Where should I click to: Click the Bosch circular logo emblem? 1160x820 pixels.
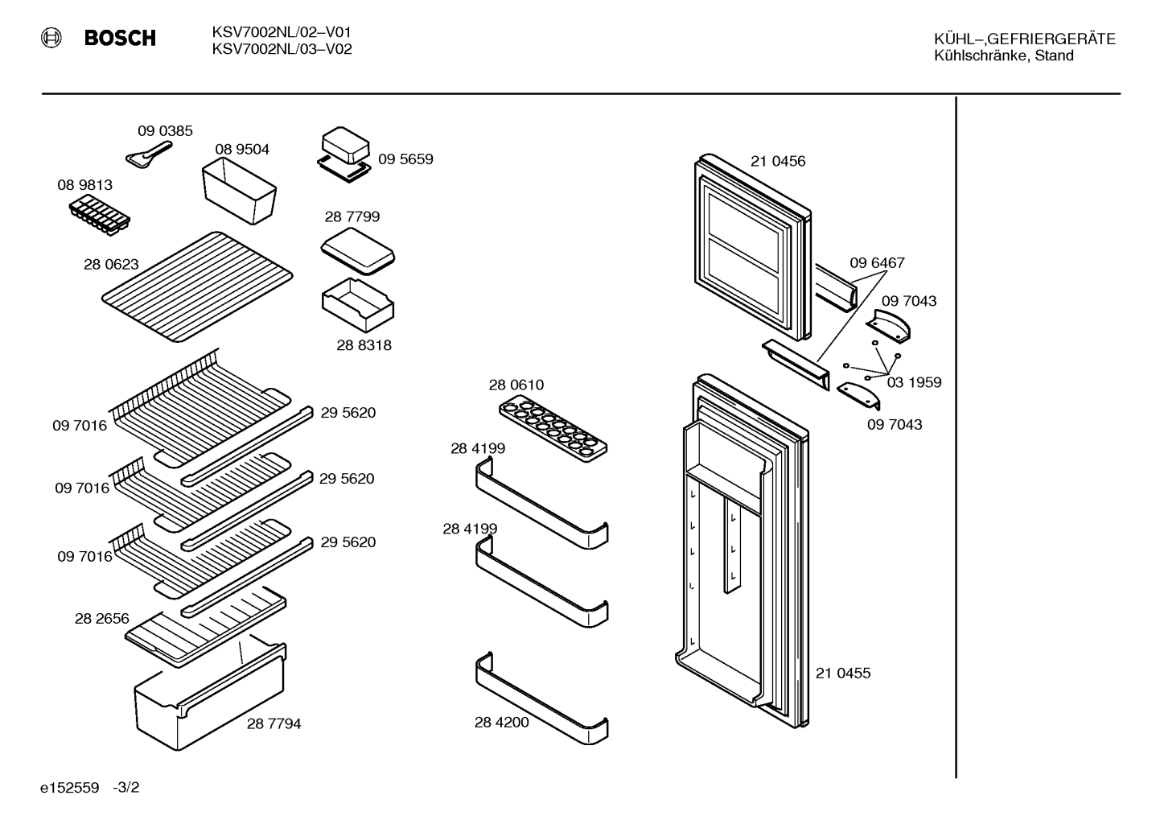(x=51, y=39)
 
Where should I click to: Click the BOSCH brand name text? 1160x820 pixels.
(x=120, y=39)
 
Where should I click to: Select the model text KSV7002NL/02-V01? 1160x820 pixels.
(x=282, y=32)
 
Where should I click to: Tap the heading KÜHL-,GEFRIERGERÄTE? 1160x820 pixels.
(x=1024, y=39)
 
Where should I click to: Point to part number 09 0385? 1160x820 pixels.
(x=165, y=130)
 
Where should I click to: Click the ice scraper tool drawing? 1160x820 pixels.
(x=149, y=155)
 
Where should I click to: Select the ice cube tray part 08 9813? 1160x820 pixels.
(x=100, y=215)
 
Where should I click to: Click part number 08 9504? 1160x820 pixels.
(x=242, y=149)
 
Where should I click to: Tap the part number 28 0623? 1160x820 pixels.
(x=111, y=264)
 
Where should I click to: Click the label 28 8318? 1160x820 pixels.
(x=364, y=345)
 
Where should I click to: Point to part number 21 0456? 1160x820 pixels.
(x=778, y=161)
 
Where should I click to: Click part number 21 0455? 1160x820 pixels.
(x=843, y=673)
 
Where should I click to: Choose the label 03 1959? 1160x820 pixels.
(x=914, y=382)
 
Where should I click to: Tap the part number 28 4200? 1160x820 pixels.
(x=501, y=722)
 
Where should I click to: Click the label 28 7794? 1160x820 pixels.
(x=274, y=723)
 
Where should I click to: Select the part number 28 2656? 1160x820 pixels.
(x=101, y=619)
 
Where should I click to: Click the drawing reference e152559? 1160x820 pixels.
(x=69, y=788)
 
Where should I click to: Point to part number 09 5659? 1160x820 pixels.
(x=405, y=159)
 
